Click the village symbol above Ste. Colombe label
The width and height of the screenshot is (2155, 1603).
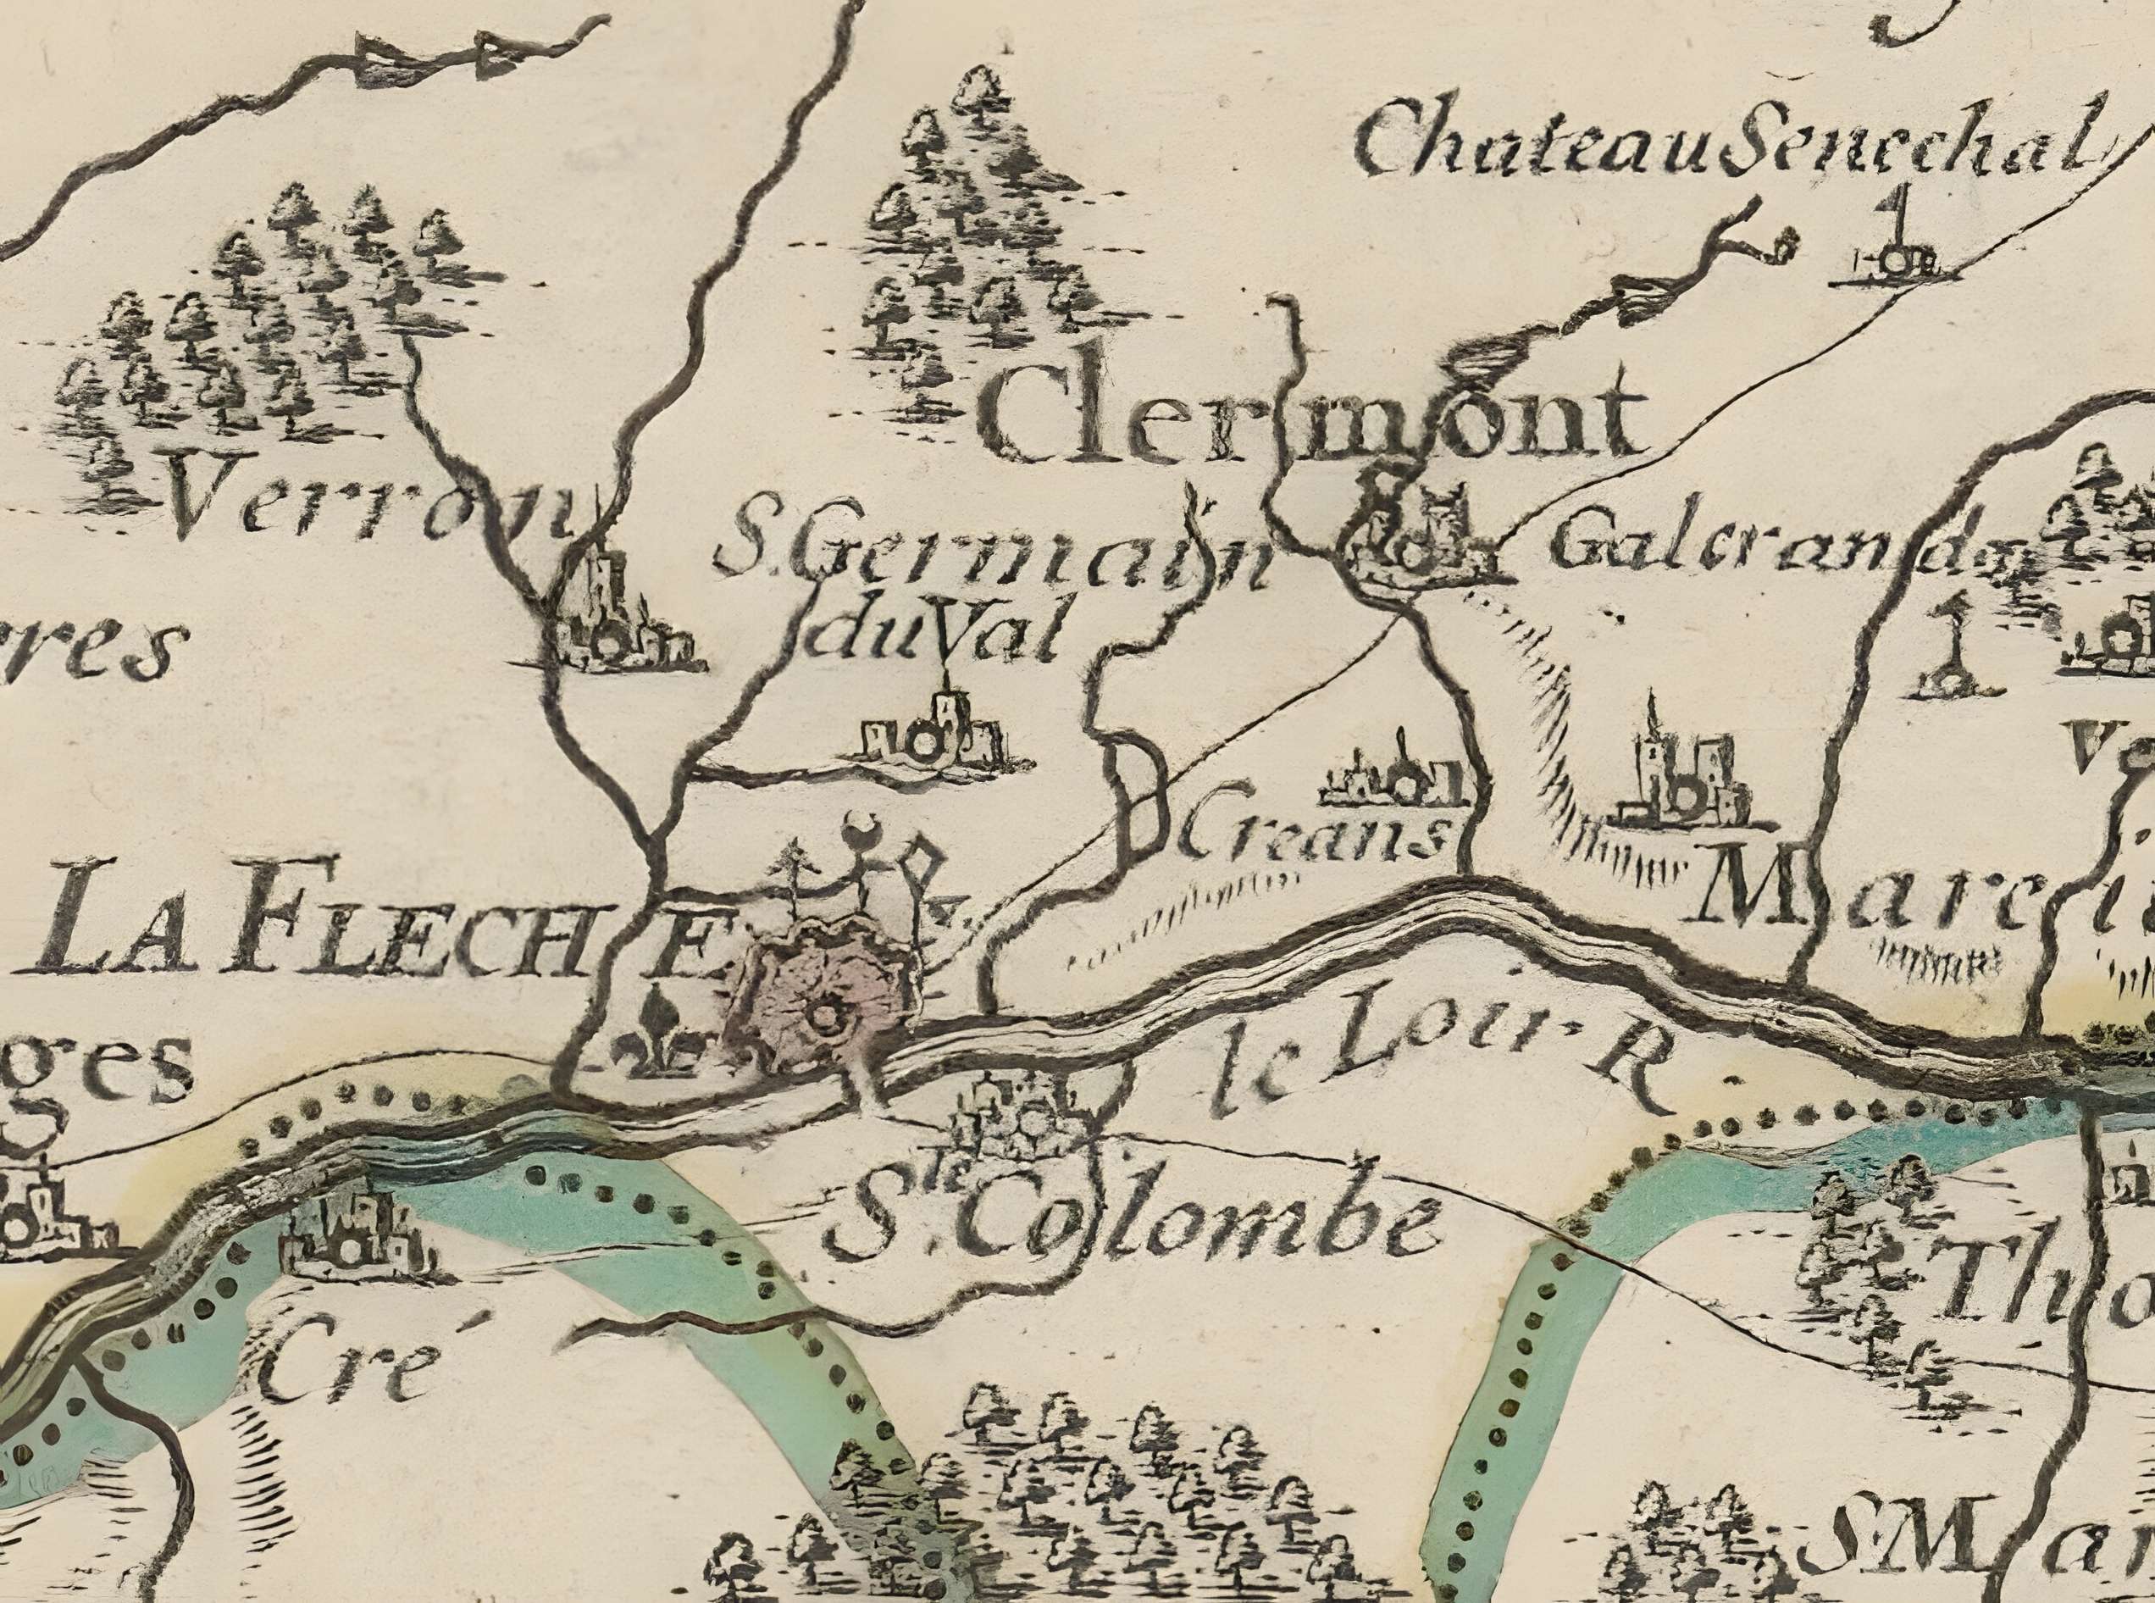click(1014, 1116)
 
